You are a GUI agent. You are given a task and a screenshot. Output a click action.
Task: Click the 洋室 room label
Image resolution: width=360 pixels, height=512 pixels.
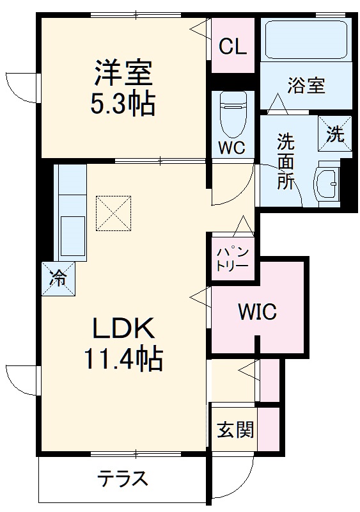(125, 73)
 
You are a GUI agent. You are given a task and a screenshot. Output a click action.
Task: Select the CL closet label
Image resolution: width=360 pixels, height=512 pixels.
(233, 47)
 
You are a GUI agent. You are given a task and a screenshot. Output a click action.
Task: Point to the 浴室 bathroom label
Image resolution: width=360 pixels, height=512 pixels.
(306, 85)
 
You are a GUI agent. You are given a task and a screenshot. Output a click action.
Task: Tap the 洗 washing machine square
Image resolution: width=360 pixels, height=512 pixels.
(335, 133)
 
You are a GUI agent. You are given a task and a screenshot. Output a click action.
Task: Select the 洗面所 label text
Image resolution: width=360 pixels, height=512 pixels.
(285, 161)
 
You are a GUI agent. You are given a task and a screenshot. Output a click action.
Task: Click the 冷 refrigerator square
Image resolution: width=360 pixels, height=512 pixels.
(58, 278)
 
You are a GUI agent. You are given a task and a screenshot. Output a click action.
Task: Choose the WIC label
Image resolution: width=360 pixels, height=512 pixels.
(257, 312)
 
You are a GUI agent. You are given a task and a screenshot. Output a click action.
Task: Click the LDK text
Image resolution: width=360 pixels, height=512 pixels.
(124, 329)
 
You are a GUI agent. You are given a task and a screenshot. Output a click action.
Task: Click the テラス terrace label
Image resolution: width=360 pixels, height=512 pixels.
(123, 478)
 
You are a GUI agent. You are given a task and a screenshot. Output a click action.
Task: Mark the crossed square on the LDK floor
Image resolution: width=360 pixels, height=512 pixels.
(114, 212)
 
